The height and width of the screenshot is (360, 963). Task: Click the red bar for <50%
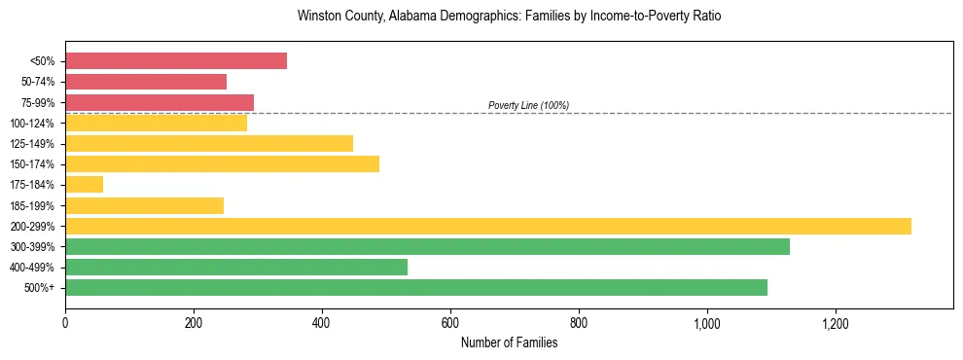(x=176, y=61)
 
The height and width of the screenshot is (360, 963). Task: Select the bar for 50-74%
(x=146, y=82)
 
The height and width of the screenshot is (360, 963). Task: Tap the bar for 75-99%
(x=160, y=102)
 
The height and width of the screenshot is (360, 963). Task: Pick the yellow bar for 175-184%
(x=84, y=185)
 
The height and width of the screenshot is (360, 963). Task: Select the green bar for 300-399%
(x=427, y=246)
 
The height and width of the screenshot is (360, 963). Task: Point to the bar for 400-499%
(x=236, y=267)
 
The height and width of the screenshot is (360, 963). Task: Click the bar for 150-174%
(x=222, y=163)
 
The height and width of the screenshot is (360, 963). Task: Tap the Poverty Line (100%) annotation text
(x=528, y=105)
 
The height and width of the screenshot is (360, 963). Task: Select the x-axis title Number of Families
(x=509, y=342)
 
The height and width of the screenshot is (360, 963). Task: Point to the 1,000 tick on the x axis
(x=707, y=322)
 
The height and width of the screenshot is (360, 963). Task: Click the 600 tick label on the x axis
(x=450, y=322)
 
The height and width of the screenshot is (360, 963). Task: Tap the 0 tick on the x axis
(x=65, y=322)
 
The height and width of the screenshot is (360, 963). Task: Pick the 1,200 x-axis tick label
(x=836, y=322)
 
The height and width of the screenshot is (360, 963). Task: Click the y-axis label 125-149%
(x=32, y=144)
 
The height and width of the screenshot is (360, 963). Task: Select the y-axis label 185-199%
(x=32, y=205)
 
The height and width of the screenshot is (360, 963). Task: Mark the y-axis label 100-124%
(x=32, y=124)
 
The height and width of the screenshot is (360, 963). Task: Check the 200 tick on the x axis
(x=194, y=322)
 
